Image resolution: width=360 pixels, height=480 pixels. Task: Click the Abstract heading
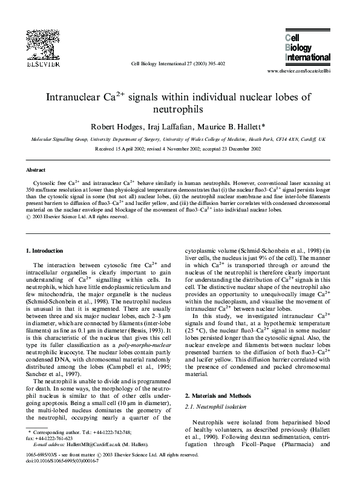[x=38, y=170]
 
